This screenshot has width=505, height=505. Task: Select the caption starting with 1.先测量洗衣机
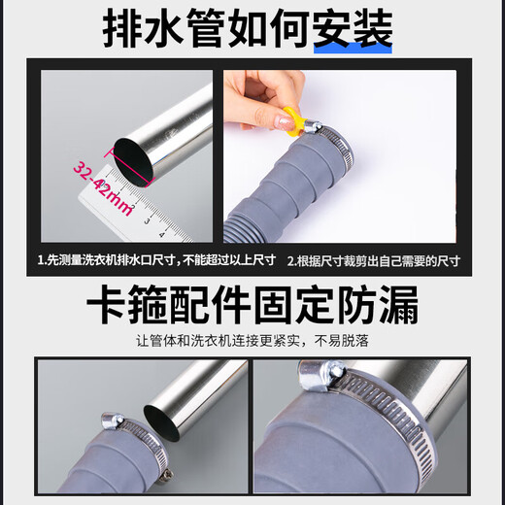point(155,260)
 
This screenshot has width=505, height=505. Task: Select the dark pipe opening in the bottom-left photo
point(159,419)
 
